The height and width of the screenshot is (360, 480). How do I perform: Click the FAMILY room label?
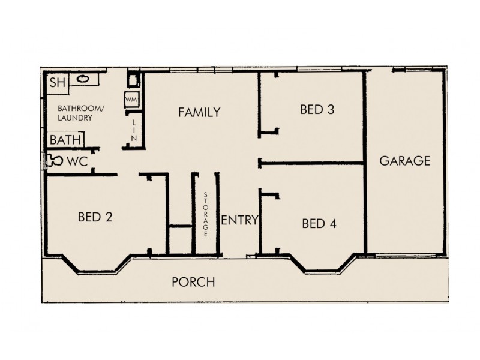[199, 112]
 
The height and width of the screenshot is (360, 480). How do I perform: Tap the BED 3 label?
[317, 109]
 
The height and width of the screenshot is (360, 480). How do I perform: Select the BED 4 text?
[319, 224]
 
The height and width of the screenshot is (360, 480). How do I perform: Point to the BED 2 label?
[95, 217]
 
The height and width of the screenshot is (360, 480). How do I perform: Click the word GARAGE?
[405, 161]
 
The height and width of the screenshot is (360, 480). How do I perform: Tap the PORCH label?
[193, 282]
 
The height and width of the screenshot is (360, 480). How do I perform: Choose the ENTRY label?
[239, 220]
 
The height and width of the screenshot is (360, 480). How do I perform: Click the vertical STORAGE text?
[206, 214]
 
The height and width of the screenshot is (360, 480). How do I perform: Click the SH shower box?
[57, 83]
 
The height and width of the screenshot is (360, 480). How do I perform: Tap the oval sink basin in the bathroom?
[83, 79]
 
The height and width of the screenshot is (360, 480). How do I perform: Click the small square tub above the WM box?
[133, 79]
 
